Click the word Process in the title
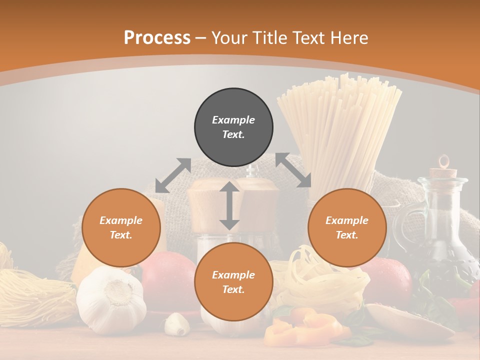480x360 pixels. pos(157,38)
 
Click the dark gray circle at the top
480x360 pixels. pos(233,127)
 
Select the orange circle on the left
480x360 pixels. pos(121,227)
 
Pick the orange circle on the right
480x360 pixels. pos(347,227)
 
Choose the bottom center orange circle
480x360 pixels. pos(233,282)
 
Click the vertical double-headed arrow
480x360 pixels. pos(229,205)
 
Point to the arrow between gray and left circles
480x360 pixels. pos(173,175)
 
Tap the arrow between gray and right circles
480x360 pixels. pos(293,170)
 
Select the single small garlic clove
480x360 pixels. pos(177,323)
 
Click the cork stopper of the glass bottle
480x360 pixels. pos(444,172)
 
